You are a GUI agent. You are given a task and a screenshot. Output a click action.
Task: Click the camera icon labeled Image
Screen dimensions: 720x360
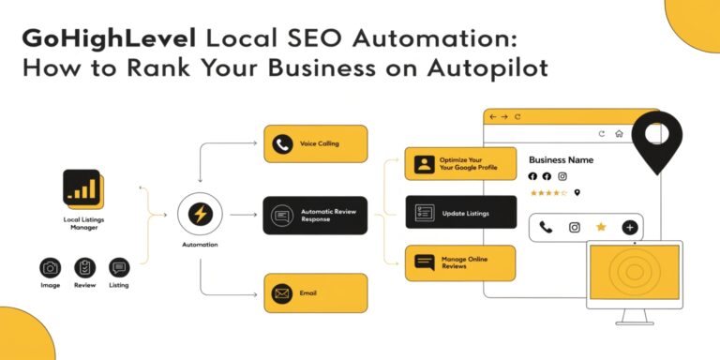click(50, 267)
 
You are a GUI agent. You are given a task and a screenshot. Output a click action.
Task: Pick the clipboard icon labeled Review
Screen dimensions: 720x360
click(84, 267)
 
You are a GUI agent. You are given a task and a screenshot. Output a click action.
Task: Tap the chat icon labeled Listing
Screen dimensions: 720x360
click(119, 267)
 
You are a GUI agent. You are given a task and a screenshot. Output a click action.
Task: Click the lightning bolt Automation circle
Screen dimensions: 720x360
click(200, 214)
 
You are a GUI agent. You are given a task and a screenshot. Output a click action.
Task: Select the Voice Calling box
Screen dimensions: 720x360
click(315, 143)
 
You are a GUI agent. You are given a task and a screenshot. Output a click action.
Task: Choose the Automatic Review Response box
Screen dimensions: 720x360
click(315, 214)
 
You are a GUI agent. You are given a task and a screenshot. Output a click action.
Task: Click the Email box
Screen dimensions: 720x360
click(315, 292)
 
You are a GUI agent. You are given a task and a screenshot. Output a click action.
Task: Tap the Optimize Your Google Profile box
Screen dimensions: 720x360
click(460, 164)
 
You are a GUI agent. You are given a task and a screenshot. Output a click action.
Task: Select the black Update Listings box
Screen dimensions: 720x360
click(460, 213)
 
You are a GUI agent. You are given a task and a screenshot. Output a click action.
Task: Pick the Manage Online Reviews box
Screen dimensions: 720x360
click(460, 262)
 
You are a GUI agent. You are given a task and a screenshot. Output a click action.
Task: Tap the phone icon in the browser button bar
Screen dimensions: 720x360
click(546, 227)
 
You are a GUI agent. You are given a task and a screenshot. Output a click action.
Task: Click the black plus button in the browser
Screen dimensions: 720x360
click(630, 227)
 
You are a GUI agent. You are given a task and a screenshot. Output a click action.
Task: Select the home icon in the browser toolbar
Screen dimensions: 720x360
click(620, 133)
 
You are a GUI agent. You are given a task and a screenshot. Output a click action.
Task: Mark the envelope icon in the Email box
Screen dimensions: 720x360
click(281, 292)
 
